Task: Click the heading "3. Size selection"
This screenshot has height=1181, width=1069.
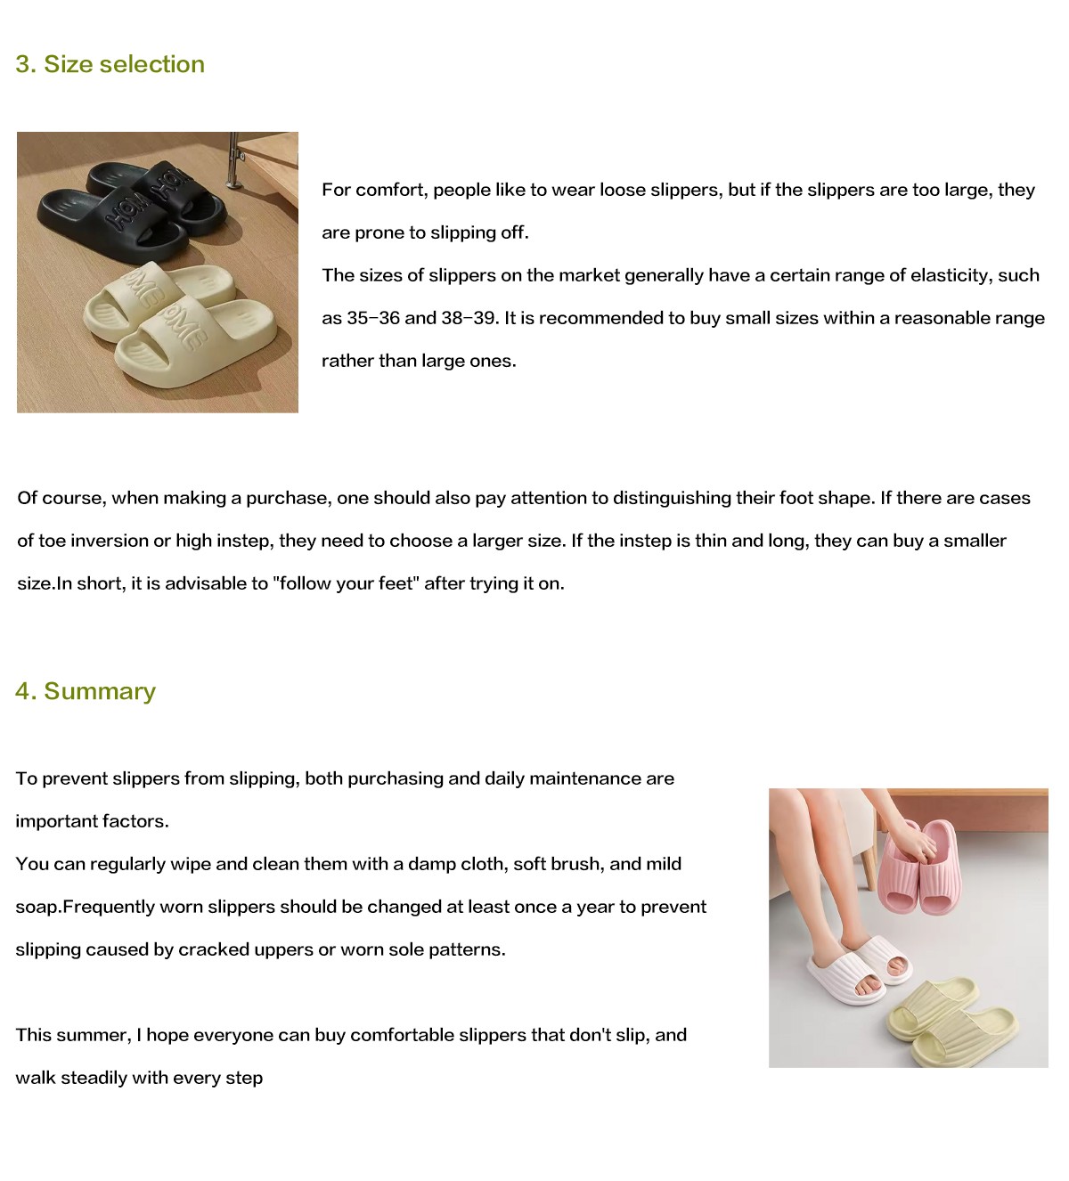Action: coord(110,64)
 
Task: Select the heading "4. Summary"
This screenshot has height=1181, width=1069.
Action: coord(86,691)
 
